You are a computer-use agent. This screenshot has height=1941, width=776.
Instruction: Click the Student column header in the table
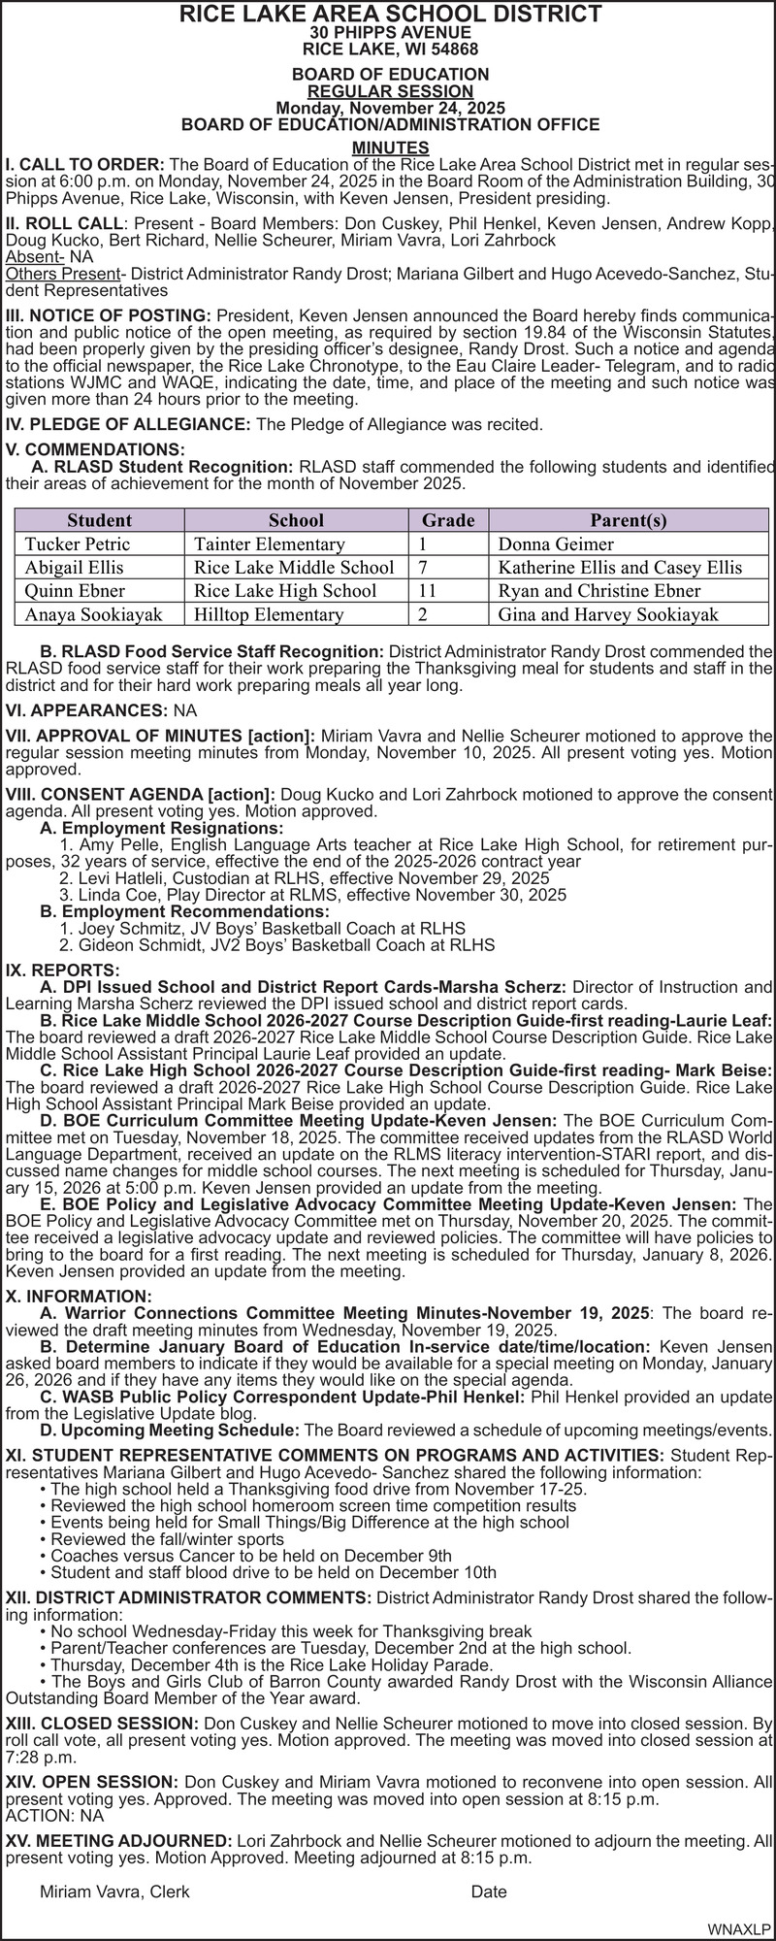(99, 520)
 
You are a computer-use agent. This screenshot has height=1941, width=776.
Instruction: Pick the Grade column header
(448, 520)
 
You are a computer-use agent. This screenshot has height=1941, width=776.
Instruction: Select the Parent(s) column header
(629, 520)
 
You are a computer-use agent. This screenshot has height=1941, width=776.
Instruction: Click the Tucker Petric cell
(77, 543)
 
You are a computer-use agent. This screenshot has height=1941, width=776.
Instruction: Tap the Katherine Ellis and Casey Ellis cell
(620, 567)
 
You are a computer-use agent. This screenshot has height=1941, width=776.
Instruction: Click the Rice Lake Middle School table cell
(294, 567)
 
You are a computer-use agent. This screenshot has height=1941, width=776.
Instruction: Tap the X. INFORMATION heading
(79, 1297)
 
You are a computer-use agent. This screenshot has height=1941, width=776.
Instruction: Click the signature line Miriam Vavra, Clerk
(114, 1892)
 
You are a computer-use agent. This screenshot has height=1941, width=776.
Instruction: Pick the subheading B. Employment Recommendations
(184, 911)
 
